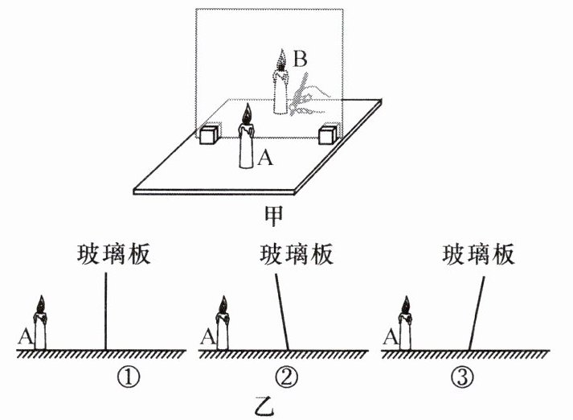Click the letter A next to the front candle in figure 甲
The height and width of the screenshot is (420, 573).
point(267,159)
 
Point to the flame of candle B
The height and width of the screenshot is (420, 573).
point(281,60)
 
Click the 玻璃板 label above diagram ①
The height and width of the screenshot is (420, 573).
point(113,255)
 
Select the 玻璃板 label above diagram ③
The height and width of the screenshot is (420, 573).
point(477,255)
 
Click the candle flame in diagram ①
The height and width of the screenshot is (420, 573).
point(41,306)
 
